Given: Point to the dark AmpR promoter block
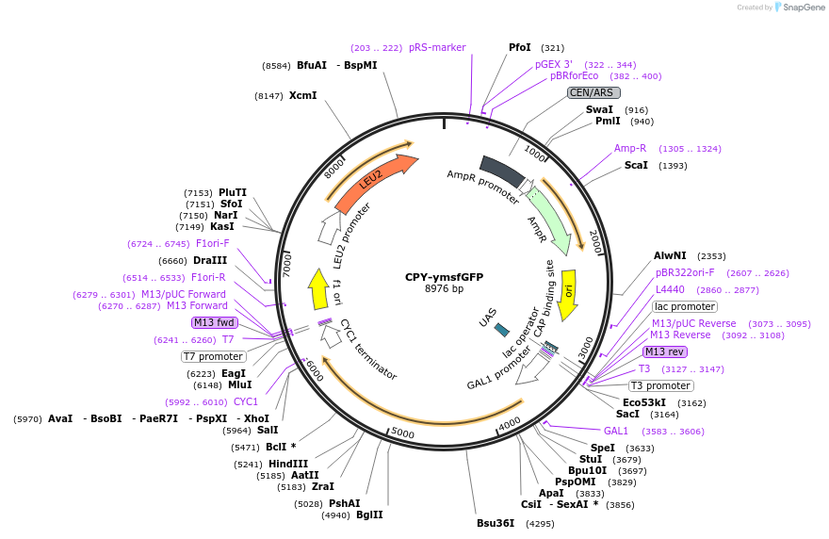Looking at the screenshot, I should [501, 170].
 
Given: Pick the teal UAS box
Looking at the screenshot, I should [502, 330].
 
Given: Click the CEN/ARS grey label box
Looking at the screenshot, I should [593, 92].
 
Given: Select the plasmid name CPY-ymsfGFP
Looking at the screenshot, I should [444, 277].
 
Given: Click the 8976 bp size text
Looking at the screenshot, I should [444, 289].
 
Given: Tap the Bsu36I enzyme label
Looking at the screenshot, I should [496, 523].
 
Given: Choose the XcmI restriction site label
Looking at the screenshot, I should [302, 95].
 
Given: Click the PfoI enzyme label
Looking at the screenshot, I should [520, 47].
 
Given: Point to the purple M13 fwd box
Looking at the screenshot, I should [214, 322].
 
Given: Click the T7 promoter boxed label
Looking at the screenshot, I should [214, 356].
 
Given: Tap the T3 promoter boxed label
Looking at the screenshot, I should [661, 385].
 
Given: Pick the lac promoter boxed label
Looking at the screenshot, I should [685, 306].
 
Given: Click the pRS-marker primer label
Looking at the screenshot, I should [437, 47].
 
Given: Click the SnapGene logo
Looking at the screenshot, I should [800, 8].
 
